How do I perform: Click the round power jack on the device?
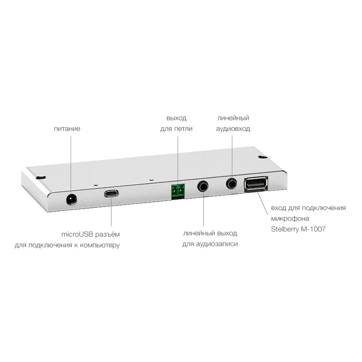[71, 199]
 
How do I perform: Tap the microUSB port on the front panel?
[111, 193]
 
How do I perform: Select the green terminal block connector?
[178, 191]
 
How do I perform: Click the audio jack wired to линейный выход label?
[203, 186]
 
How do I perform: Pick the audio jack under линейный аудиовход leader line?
[232, 183]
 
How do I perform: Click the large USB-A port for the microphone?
[256, 184]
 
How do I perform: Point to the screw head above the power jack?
[41, 177]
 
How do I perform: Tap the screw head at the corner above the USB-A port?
[263, 157]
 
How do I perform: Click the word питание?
[67, 129]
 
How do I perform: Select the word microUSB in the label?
[77, 234]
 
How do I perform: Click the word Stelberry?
[285, 229]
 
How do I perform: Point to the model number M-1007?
[313, 229]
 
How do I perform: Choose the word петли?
[183, 129]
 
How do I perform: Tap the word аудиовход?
[233, 129]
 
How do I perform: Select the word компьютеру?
[100, 245]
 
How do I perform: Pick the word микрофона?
[290, 219]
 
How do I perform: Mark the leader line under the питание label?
[71, 165]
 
